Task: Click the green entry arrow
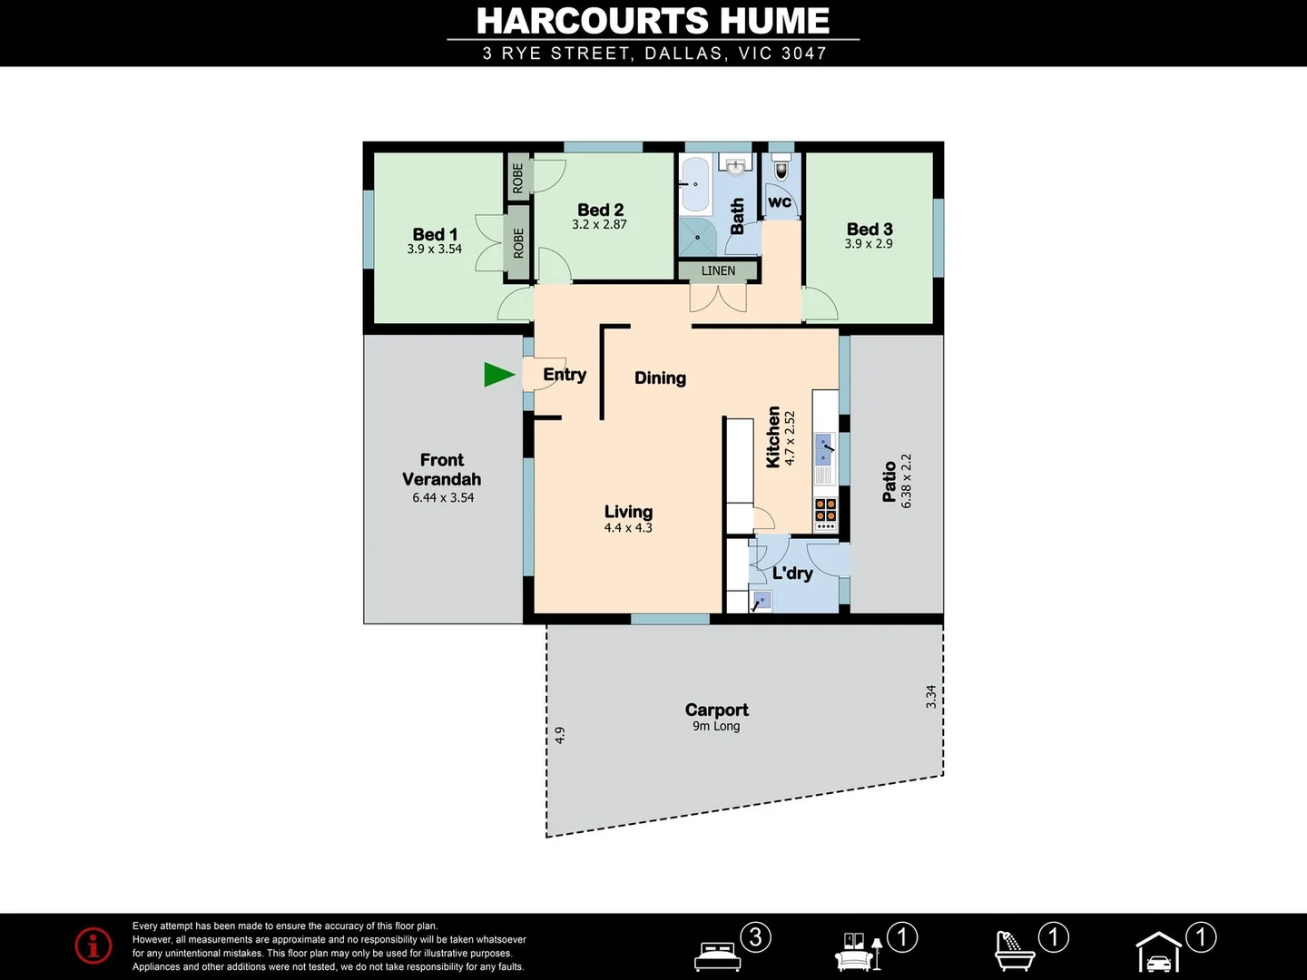tap(497, 374)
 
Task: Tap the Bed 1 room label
tap(435, 235)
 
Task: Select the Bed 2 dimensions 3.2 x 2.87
tap(599, 225)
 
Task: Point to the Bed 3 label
tap(870, 230)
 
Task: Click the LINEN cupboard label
tap(718, 270)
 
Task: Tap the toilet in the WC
tap(781, 170)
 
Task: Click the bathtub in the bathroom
tap(695, 183)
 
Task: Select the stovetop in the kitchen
tap(825, 514)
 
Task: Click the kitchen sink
tap(824, 446)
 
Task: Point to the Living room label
tap(628, 512)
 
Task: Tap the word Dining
tap(660, 378)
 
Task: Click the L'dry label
tap(792, 573)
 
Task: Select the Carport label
tap(716, 710)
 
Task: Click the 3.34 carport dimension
tap(930, 697)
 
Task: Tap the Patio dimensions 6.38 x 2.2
tap(906, 481)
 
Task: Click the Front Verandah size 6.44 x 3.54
tap(443, 498)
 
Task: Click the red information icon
tap(93, 946)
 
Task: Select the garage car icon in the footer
tap(1159, 955)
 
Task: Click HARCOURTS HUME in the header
tap(653, 21)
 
